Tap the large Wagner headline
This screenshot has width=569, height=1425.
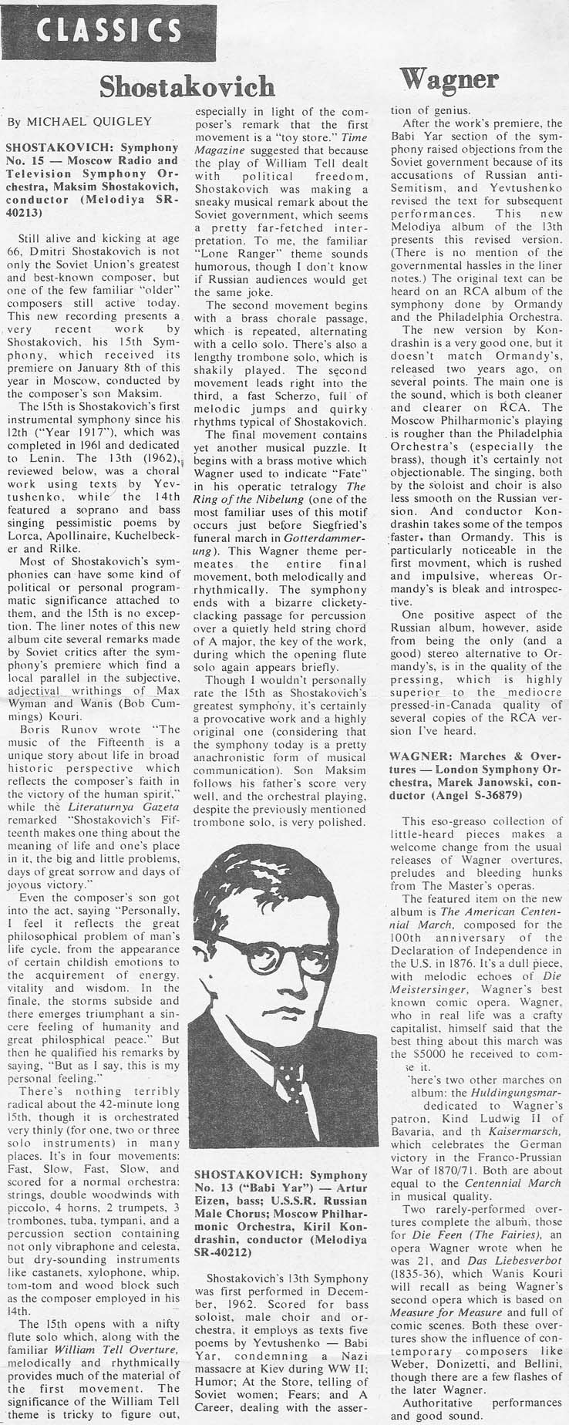coord(449,78)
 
